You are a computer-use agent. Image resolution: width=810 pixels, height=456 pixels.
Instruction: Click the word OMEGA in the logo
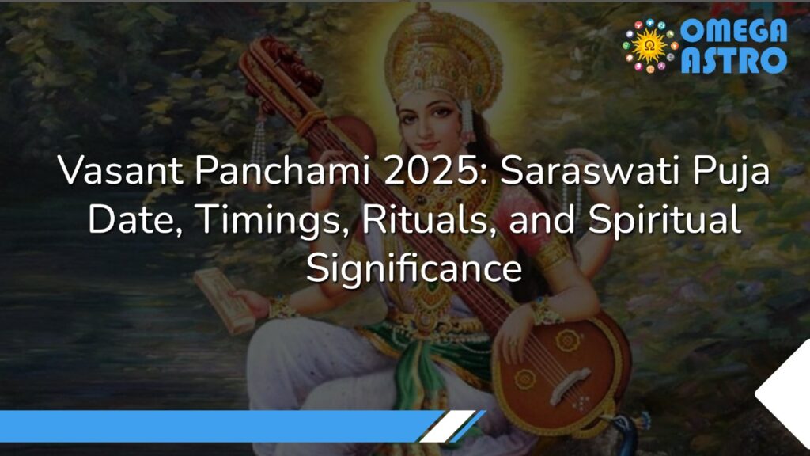coord(734,30)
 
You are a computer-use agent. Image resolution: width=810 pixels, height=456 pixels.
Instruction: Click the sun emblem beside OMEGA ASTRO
coord(650,46)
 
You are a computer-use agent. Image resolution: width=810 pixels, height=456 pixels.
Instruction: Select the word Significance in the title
coord(414,267)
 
